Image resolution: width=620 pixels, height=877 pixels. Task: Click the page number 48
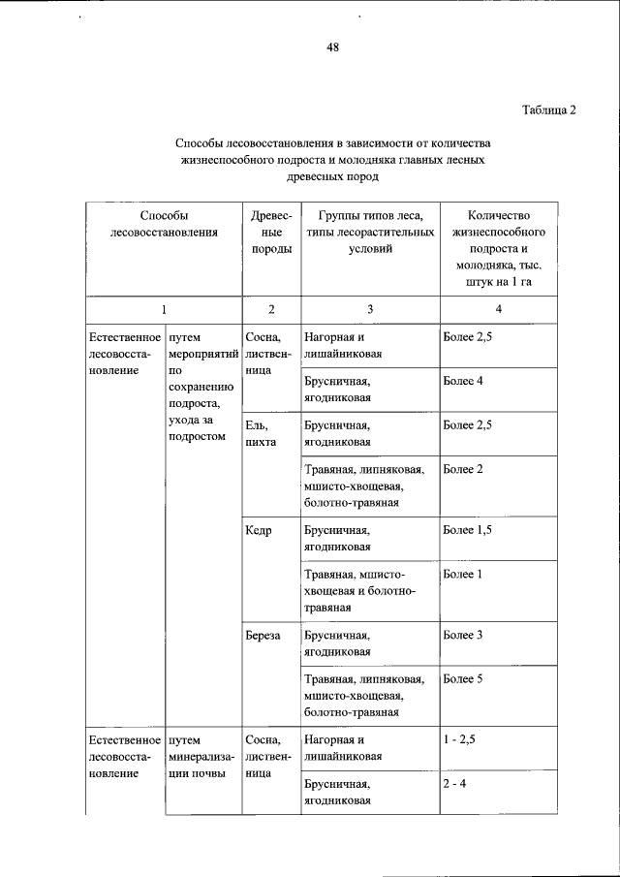(x=332, y=47)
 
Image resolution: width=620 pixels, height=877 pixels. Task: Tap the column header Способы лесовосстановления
(x=164, y=222)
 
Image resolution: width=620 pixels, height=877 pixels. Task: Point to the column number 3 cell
(x=370, y=309)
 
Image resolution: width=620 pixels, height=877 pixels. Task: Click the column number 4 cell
(x=498, y=309)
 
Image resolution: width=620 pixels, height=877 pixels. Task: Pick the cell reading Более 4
(x=464, y=381)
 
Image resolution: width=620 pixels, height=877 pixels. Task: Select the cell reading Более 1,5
(x=468, y=530)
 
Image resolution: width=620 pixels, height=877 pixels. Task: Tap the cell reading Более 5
(x=464, y=678)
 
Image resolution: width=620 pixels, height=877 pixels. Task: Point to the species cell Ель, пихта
(x=262, y=433)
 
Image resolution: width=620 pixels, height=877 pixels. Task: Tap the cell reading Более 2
(x=464, y=469)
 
